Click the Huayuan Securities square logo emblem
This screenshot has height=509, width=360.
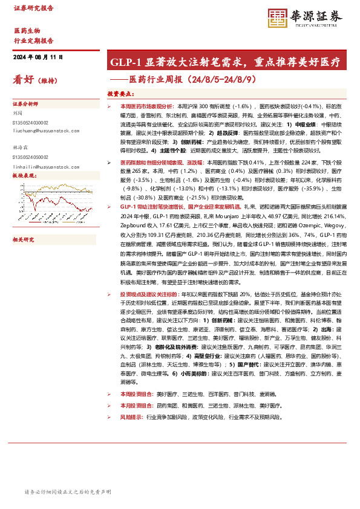277,16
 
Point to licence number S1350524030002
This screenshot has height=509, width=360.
33,122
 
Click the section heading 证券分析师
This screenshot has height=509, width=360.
25,103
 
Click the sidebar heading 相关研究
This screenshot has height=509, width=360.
24,222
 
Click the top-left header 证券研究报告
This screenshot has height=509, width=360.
33,8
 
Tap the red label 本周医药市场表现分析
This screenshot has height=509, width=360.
148,106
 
